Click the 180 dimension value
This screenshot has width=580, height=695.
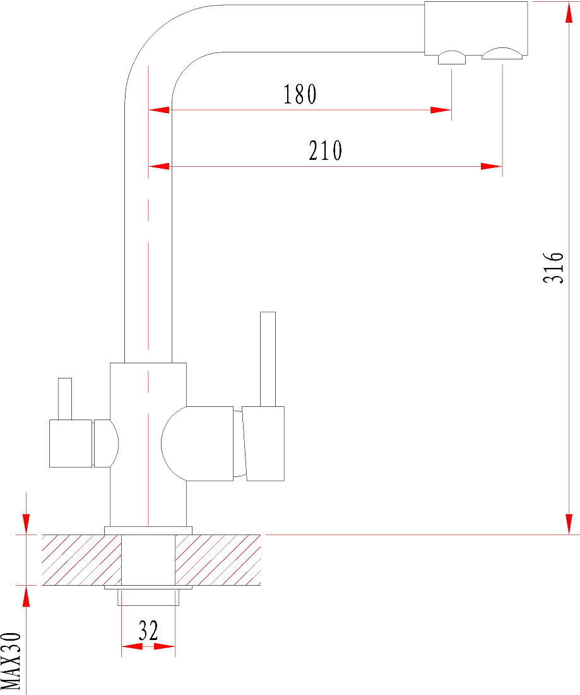pos(300,94)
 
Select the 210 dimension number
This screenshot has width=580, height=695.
pos(326,151)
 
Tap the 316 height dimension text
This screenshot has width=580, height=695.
pos(553,267)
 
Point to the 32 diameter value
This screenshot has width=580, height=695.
pos(148,631)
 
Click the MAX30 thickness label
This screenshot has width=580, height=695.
pos(11,661)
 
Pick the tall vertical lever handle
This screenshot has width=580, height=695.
pos(268,359)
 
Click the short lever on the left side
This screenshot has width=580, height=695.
pos(65,399)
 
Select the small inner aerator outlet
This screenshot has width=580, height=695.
pos(452,58)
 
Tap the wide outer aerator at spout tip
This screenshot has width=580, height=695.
pos(502,53)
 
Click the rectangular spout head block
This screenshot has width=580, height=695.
pos(476,28)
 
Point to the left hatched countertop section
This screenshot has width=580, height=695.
pos(81,560)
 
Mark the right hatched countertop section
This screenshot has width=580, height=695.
pos(218,560)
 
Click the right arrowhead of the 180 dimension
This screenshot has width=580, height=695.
pos(441,110)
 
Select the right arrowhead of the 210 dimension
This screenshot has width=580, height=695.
pos(492,167)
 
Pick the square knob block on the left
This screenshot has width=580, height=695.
pos(71,444)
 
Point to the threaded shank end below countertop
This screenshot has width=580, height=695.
pos(148,598)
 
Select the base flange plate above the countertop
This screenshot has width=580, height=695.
pos(148,531)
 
